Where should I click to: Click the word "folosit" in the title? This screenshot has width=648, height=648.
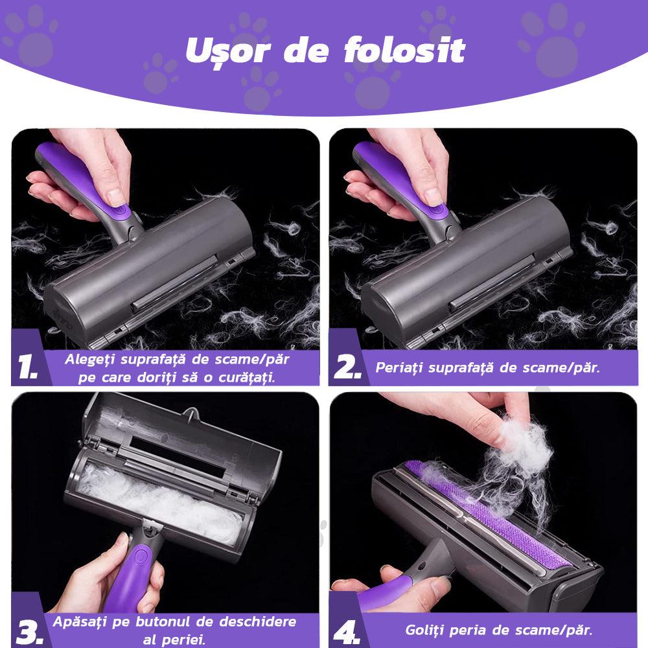click(x=404, y=50)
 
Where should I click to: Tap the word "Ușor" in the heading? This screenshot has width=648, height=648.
click(x=227, y=52)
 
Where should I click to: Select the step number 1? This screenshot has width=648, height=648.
click(x=27, y=367)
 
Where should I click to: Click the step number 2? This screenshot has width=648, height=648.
click(x=347, y=367)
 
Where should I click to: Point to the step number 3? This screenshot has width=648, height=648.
click(x=29, y=632)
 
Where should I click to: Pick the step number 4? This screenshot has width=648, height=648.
click(x=346, y=632)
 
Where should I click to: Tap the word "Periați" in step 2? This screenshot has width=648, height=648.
click(x=399, y=368)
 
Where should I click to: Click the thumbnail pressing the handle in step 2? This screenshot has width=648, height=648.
click(x=434, y=197)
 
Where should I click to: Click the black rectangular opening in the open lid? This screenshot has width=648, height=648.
click(x=178, y=456)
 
